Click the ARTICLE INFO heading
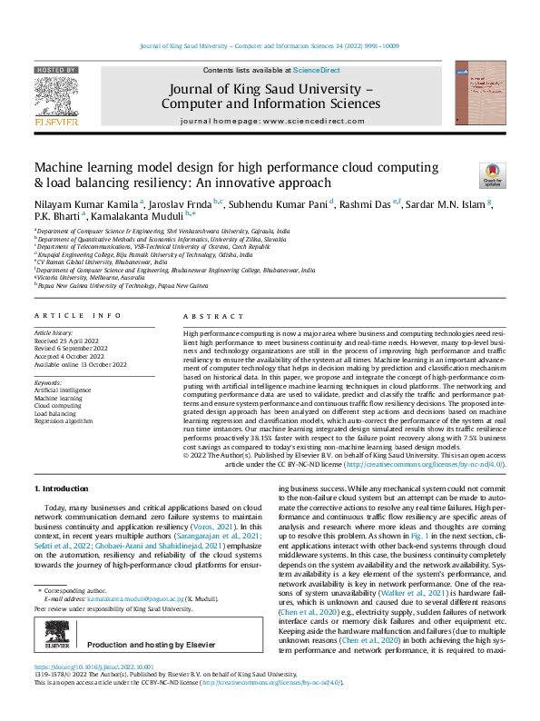coord(77,315)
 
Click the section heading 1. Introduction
coord(63,489)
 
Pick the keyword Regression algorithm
coord(64,421)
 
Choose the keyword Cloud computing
coord(57,406)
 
